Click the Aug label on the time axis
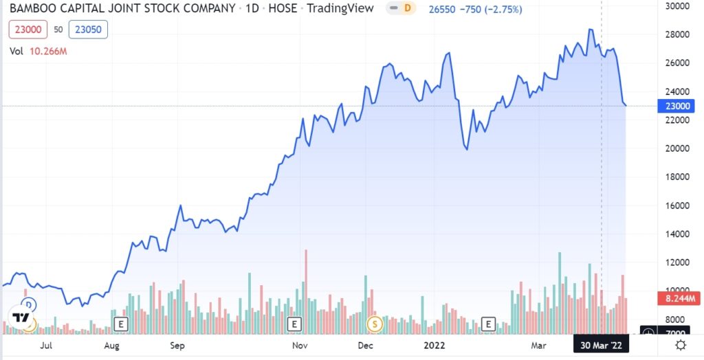tap(113, 346)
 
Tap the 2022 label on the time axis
tap(434, 346)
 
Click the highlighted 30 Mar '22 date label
tap(601, 346)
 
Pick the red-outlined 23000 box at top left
tap(27, 30)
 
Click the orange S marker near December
tap(375, 323)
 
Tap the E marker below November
tap(295, 323)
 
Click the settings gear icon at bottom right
tap(680, 345)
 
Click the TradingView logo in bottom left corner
tap(21, 317)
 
